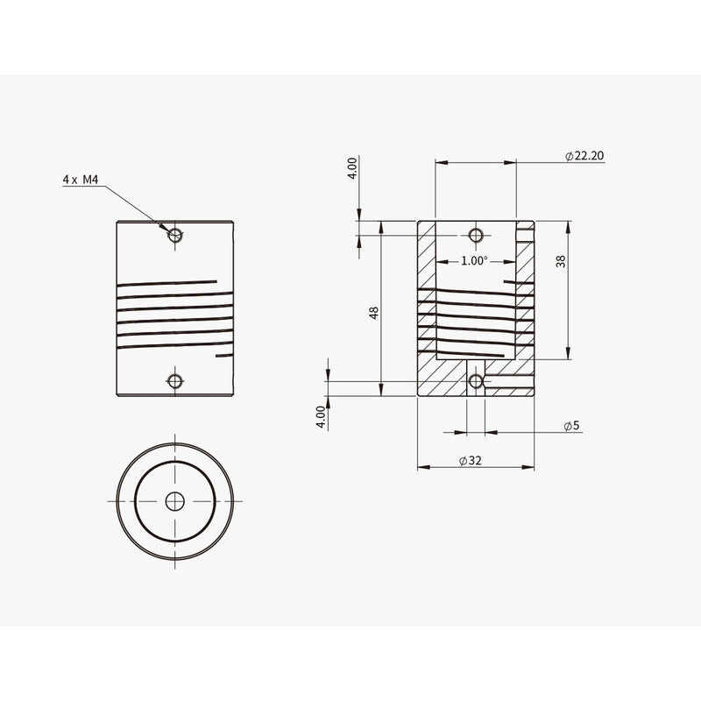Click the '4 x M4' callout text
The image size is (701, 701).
(81, 179)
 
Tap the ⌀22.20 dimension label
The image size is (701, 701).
(584, 156)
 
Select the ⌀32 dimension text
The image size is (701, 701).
(471, 460)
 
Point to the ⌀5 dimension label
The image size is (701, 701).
(571, 426)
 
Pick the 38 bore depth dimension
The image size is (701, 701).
(561, 260)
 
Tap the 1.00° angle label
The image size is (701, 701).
(474, 260)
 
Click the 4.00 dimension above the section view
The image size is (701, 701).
(352, 168)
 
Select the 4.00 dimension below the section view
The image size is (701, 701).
(322, 415)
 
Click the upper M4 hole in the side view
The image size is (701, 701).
(175, 234)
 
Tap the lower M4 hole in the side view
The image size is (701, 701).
(175, 380)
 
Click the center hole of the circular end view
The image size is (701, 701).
(175, 500)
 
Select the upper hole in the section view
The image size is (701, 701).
(476, 234)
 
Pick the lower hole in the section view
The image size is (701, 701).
(476, 380)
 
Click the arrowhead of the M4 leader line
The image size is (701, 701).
(168, 229)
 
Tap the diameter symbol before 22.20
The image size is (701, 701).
(569, 156)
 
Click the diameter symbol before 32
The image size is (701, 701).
(462, 460)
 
